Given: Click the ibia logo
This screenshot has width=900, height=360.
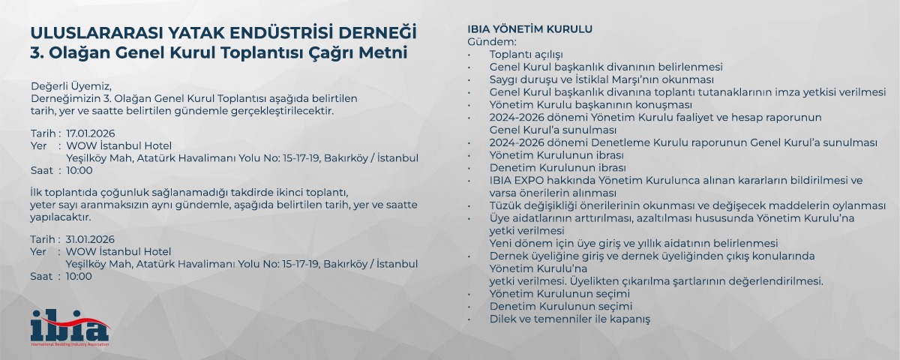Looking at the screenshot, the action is click(x=70, y=328).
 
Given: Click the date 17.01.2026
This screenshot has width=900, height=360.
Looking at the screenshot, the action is click(x=91, y=133).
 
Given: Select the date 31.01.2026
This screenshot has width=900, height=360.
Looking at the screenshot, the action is click(x=90, y=239).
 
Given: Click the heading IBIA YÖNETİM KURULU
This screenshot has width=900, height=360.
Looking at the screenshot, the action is click(x=529, y=29).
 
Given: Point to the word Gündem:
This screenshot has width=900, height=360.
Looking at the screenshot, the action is click(x=492, y=42).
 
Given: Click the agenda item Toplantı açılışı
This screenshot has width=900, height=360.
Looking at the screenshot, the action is click(x=526, y=55).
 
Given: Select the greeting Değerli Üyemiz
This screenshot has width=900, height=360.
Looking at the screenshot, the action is click(x=71, y=86).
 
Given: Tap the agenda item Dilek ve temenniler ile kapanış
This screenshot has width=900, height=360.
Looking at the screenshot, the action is click(x=569, y=319).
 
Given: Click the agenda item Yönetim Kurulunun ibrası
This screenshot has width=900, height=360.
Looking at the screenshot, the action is click(x=556, y=155).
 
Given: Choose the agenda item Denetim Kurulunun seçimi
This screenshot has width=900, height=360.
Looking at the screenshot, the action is click(x=560, y=307).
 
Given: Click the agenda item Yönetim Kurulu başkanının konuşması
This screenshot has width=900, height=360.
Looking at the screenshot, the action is click(x=591, y=105).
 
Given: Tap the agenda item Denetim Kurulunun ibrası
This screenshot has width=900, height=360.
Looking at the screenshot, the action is click(x=557, y=167).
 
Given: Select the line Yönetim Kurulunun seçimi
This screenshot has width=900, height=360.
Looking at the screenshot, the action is click(x=559, y=294).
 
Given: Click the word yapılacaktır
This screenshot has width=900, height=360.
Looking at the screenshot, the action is click(x=61, y=217).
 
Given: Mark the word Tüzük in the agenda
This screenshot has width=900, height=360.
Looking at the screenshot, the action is click(x=503, y=205).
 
